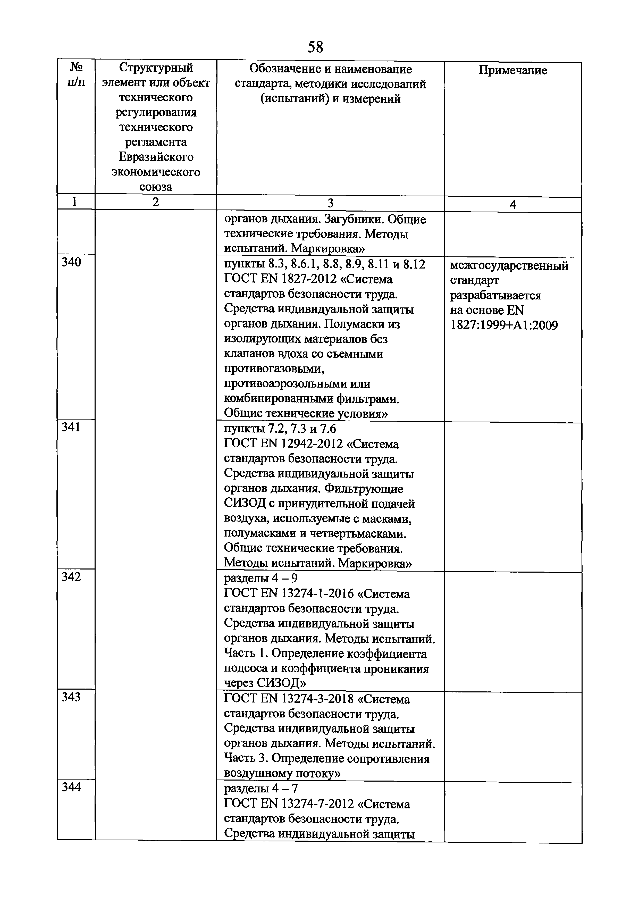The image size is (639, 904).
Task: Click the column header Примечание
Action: [513, 70]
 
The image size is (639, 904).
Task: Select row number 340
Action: [72, 262]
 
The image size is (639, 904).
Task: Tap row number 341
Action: [71, 427]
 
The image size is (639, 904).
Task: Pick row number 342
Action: [71, 577]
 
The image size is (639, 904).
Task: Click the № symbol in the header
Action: [76, 67]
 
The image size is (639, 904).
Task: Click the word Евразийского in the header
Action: [156, 157]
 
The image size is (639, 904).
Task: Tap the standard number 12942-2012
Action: [313, 444]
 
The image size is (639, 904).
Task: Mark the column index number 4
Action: [513, 204]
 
